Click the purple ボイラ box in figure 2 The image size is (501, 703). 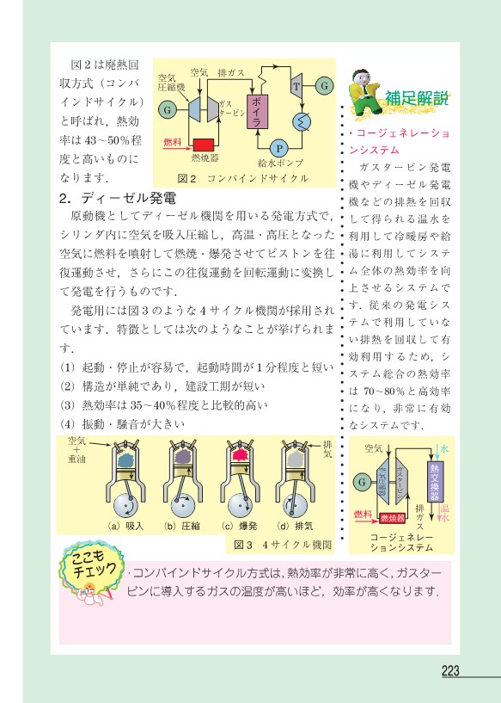(x=258, y=112)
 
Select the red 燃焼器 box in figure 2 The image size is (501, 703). (x=204, y=145)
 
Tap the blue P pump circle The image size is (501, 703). (x=279, y=148)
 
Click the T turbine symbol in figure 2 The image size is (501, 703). (x=296, y=86)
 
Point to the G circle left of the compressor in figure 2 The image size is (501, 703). (x=168, y=109)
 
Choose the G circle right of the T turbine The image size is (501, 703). (x=325, y=86)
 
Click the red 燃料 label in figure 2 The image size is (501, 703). (x=173, y=142)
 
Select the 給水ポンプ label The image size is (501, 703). (x=280, y=163)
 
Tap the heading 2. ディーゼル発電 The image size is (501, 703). (x=118, y=198)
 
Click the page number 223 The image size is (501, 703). (x=450, y=670)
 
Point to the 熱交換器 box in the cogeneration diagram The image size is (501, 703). (x=435, y=482)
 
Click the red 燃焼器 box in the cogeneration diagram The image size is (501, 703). (x=392, y=518)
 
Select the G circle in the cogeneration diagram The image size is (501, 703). (x=362, y=483)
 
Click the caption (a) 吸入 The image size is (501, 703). (x=125, y=526)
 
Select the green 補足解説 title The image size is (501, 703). (x=417, y=98)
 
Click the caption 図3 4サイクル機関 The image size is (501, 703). (x=283, y=545)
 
